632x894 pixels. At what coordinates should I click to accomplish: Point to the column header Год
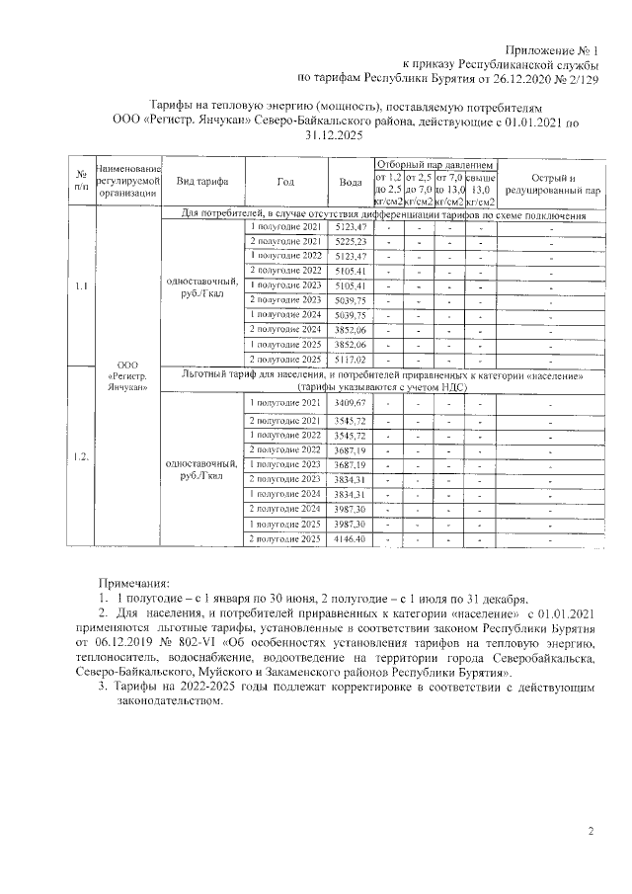coord(285,182)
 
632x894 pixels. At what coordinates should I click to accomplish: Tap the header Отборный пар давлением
coord(434,162)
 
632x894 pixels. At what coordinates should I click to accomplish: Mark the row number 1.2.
coord(82,456)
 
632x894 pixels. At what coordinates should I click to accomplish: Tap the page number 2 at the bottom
coord(590,832)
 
